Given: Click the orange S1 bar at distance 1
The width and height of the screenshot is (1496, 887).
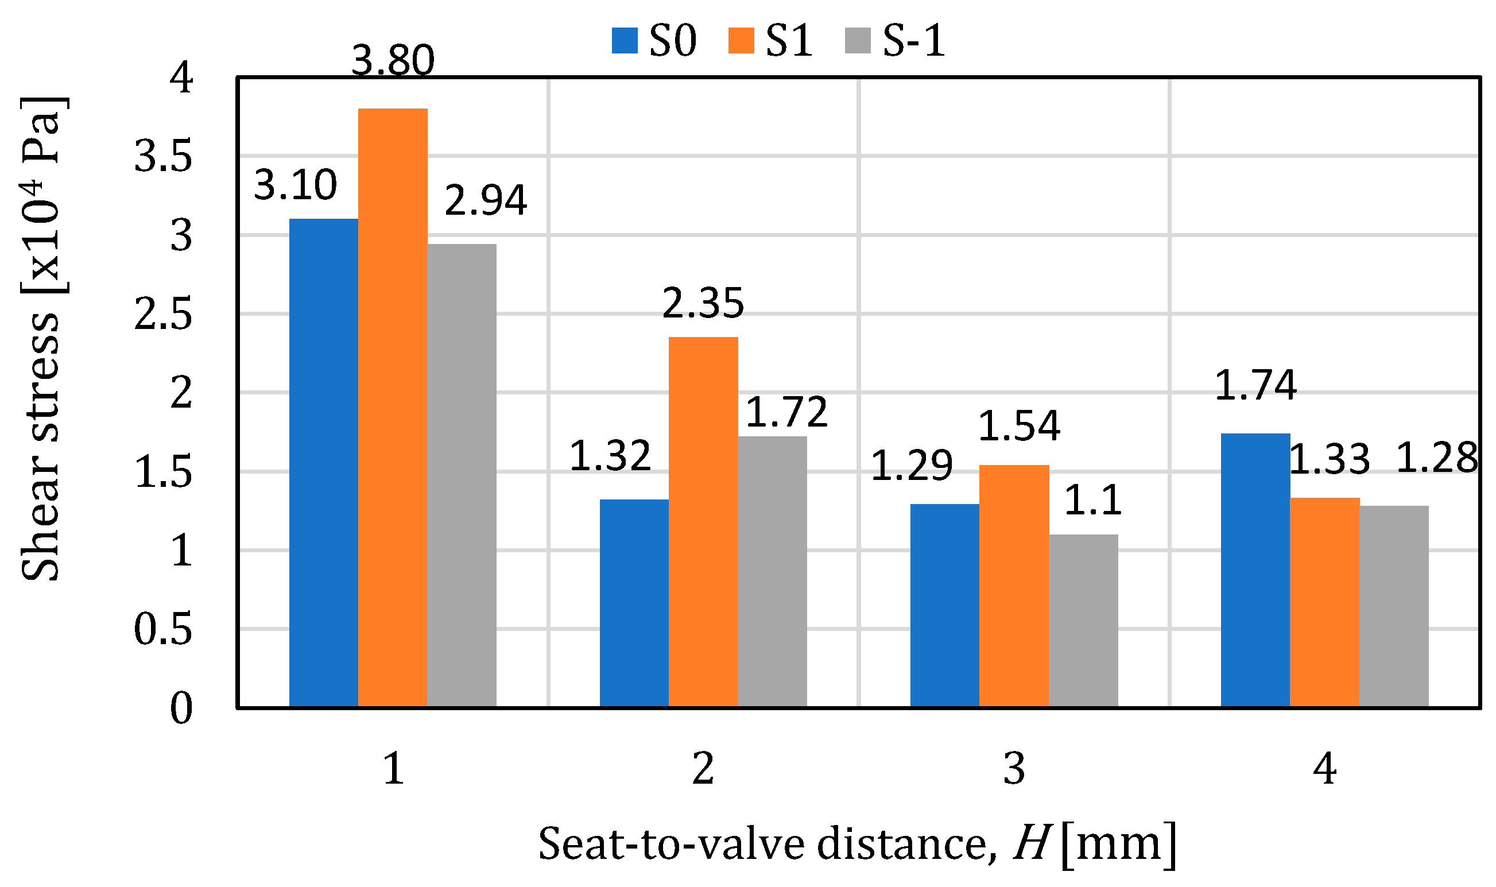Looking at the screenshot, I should coord(393,408).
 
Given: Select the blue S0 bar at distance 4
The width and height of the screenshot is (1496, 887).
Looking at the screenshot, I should coord(1255,570).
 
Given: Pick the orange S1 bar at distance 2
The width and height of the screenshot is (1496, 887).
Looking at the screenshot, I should coord(703,522).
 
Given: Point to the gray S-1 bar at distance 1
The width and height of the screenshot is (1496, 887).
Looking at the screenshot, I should coord(462,476).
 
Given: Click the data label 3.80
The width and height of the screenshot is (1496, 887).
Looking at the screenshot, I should coord(393,60).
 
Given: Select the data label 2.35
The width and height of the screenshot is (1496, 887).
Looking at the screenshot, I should coord(703,304).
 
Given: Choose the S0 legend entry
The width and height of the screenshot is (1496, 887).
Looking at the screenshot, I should coord(654,41).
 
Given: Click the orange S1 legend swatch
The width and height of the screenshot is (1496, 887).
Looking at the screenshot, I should coord(741,41).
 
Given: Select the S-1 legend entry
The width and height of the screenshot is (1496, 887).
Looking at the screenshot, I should coord(895,41).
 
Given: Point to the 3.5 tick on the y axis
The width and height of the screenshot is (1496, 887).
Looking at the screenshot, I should coord(163,157).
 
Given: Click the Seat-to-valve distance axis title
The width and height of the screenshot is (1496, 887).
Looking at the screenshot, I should coord(858,844).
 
